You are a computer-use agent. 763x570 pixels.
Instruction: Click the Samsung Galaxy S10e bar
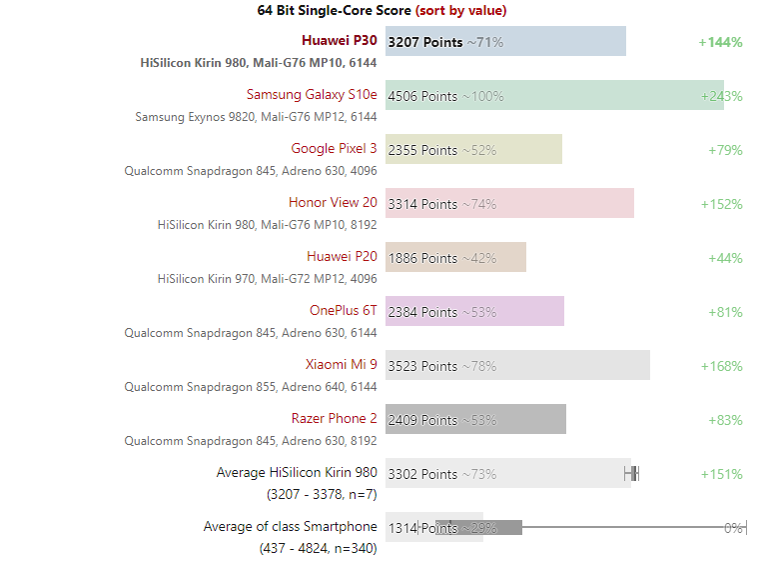pyautogui.click(x=554, y=95)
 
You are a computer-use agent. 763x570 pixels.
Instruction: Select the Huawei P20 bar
pyautogui.click(x=455, y=257)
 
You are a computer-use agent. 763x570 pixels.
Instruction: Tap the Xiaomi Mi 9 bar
pyautogui.click(x=517, y=365)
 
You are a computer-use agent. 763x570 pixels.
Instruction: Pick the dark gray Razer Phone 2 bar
pyautogui.click(x=475, y=419)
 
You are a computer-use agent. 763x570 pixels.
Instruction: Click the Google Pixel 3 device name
pyautogui.click(x=334, y=149)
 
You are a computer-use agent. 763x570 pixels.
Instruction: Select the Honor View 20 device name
pyautogui.click(x=333, y=203)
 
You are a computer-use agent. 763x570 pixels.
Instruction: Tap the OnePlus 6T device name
pyautogui.click(x=343, y=311)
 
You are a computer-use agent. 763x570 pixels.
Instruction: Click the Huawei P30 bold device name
pyautogui.click(x=339, y=41)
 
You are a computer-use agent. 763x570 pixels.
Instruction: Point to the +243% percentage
pyautogui.click(x=721, y=96)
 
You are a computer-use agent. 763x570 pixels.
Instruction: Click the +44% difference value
pyautogui.click(x=725, y=258)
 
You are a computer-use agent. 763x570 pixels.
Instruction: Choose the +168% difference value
pyautogui.click(x=721, y=366)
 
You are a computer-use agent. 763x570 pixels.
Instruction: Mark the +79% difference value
pyautogui.click(x=725, y=150)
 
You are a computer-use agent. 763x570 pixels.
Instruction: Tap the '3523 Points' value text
pyautogui.click(x=422, y=366)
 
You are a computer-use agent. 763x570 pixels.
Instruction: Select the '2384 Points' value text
pyautogui.click(x=422, y=312)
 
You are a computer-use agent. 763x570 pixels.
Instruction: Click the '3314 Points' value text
pyautogui.click(x=422, y=204)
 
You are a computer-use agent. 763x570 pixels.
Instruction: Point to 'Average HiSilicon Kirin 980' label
pyautogui.click(x=297, y=473)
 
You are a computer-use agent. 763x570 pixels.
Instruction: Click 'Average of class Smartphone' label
pyautogui.click(x=290, y=527)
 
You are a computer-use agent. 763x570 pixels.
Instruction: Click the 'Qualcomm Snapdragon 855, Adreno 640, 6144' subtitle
pyautogui.click(x=251, y=386)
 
